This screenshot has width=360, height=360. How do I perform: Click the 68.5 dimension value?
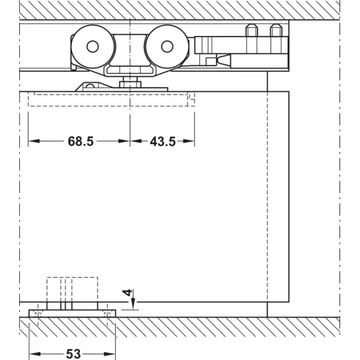tap(80, 141)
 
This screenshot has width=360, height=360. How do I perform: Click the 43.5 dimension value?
tap(163, 142)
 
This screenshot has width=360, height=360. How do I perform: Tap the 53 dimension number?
tap(73, 354)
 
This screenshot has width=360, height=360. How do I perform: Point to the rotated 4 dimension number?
tap(127, 293)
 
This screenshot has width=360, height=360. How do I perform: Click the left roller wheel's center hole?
tap(92, 46)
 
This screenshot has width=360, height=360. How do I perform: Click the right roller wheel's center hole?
tap(167, 46)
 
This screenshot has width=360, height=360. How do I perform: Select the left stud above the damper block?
tap(251, 30)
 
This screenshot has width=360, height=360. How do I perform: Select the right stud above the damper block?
tap(276, 30)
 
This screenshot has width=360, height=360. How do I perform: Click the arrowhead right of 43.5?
tap(189, 141)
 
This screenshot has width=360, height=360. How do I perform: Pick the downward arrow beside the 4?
tap(134, 296)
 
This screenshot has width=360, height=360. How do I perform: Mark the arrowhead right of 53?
tap(109, 354)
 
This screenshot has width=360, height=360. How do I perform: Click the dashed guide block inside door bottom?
tap(73, 290)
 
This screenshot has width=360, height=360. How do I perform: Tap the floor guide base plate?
tap(72, 313)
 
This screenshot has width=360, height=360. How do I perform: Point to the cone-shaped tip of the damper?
tap(223, 61)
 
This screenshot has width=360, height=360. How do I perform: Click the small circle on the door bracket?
tap(90, 86)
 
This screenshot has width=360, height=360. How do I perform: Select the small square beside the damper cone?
tap(211, 62)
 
